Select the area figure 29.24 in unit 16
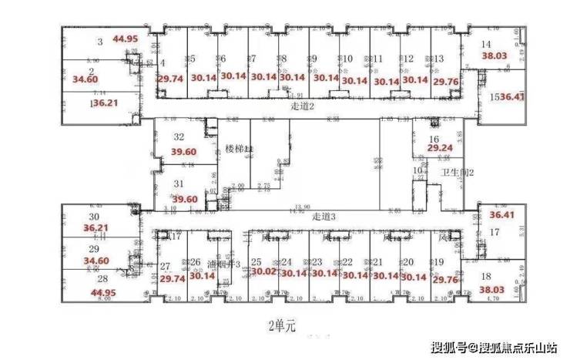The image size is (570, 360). [441, 148]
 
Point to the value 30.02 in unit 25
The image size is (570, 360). [263, 272]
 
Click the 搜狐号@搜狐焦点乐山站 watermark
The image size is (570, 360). [493, 345]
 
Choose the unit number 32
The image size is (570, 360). [179, 137]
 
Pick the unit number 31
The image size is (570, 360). [179, 183]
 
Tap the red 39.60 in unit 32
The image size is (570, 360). [185, 153]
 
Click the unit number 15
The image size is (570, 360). [495, 97]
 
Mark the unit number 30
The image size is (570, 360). [94, 217]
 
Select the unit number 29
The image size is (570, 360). [94, 250]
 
